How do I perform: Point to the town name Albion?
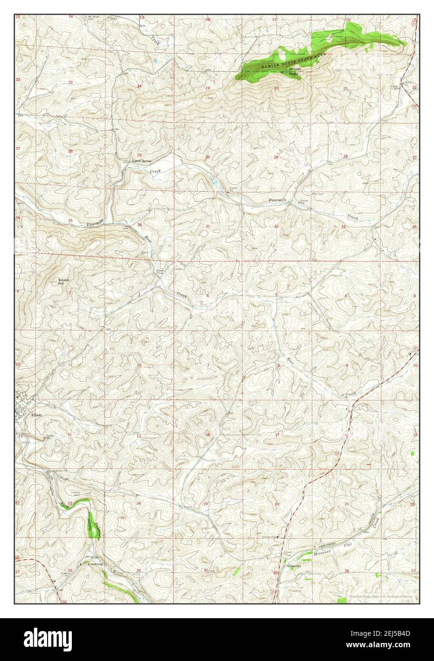click(37, 415)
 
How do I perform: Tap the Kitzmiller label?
click(295, 566)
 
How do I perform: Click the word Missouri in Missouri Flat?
click(323, 554)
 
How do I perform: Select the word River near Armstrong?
click(118, 573)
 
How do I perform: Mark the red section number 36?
click(139, 225)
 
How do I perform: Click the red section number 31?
click(207, 226)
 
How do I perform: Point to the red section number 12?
click(139, 365)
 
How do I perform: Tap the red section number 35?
click(70, 221)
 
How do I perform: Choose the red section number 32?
click(276, 226)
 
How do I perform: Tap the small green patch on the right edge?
click(412, 454)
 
